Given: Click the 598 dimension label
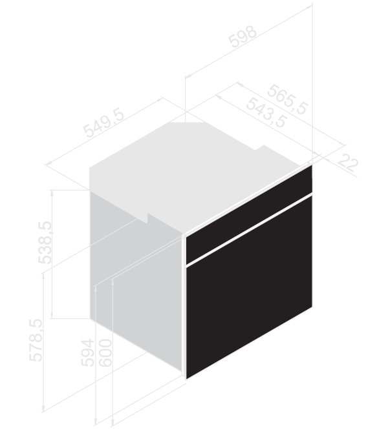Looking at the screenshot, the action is click(242, 37).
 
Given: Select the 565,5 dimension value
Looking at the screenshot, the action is click(287, 99).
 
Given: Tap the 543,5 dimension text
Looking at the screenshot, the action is click(266, 112).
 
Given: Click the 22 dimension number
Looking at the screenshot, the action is click(348, 163).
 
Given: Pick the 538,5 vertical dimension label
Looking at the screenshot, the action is click(45, 242).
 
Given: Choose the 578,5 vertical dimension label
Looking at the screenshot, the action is click(36, 340).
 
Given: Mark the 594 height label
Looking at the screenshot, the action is click(87, 353).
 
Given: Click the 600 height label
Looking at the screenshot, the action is click(105, 353).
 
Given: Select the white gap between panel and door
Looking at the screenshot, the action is click(249, 230).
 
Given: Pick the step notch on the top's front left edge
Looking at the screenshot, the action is click(147, 218).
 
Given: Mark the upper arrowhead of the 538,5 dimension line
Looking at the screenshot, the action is click(52, 192).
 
